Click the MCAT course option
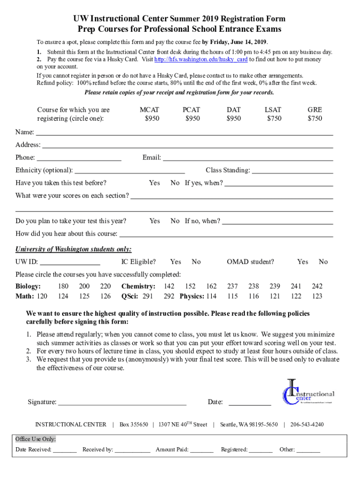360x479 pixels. (149, 109)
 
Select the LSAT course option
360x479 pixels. (273, 109)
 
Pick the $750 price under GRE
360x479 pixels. (314, 118)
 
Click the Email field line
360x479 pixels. (248, 158)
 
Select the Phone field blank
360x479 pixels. (79, 158)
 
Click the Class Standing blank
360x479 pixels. (292, 170)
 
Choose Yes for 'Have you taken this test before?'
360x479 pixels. (154, 183)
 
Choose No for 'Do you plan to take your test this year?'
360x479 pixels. (175, 221)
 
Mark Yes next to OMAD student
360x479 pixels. (302, 261)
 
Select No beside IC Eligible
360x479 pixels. (196, 261)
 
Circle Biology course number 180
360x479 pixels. (63, 286)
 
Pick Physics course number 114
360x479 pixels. (211, 296)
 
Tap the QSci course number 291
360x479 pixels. (148, 296)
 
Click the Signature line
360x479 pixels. (122, 402)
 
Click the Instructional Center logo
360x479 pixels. (308, 392)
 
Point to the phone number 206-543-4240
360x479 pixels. (307, 424)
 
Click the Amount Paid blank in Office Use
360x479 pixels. (202, 450)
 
